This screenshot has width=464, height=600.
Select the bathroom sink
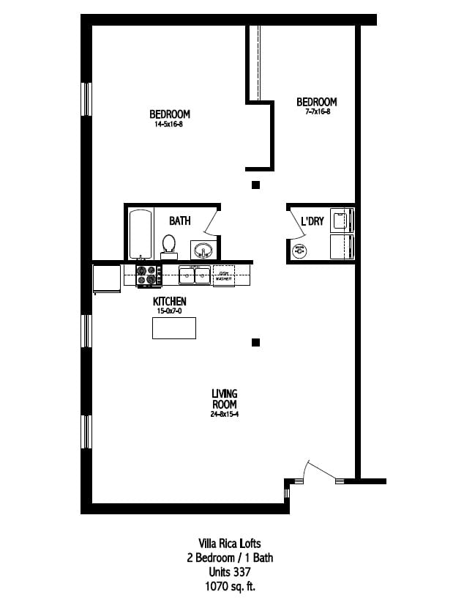(203, 250)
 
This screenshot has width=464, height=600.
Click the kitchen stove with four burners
(149, 275)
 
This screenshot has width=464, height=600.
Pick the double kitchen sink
(194, 275)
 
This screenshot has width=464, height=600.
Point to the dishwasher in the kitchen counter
(224, 275)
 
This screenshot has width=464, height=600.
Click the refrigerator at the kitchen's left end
(106, 278)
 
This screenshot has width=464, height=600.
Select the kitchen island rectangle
(173, 327)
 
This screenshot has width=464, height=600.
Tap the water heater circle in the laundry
(299, 251)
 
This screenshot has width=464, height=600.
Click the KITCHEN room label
(169, 301)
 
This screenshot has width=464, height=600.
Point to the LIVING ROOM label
(224, 399)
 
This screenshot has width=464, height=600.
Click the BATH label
(180, 221)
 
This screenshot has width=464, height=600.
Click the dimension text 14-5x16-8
(170, 125)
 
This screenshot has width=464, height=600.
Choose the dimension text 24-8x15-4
(224, 415)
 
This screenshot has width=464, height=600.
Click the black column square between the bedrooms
(255, 185)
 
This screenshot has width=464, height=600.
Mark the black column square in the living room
(255, 341)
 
